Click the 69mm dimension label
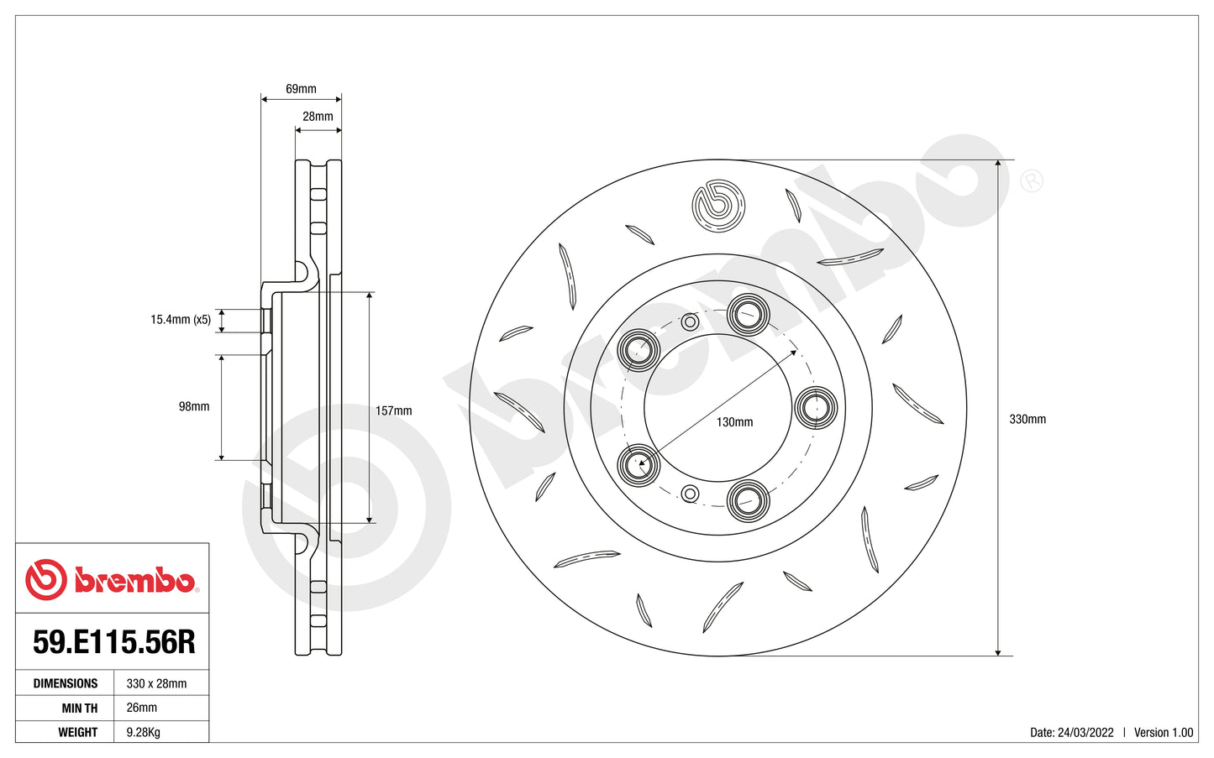[301, 89]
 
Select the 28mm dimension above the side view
[318, 117]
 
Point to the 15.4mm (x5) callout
[181, 320]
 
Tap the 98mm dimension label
[194, 407]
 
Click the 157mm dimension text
[393, 411]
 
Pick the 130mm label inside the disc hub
[734, 422]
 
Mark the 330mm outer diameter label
[1027, 419]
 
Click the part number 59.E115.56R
[113, 642]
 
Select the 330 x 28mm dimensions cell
[156, 684]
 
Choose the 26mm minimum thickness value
[141, 708]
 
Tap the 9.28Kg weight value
[143, 732]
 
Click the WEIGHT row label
[77, 732]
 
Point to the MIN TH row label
[79, 708]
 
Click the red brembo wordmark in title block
[134, 580]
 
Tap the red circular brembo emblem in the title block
[45, 579]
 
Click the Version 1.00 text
[1163, 733]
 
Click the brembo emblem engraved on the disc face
[718, 206]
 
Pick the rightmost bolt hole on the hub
[815, 408]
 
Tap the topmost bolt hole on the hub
[747, 315]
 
